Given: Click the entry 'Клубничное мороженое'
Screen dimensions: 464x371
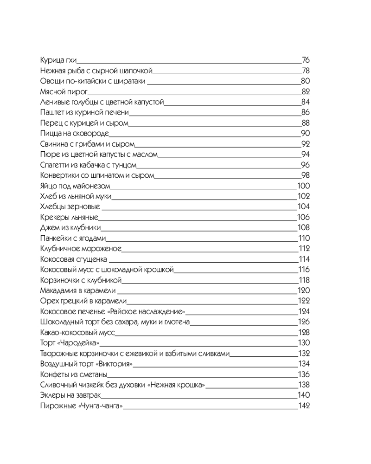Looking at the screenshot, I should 81,249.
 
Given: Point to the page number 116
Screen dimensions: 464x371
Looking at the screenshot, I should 304,270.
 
